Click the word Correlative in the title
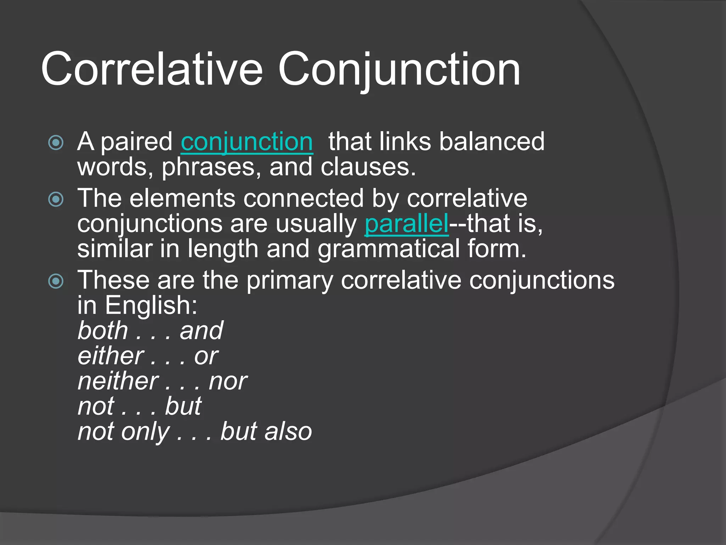click(x=152, y=69)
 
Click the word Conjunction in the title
click(x=399, y=69)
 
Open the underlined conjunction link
click(x=247, y=142)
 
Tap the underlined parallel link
click(x=407, y=224)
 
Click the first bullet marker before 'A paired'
click(x=56, y=143)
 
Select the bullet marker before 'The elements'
click(x=56, y=199)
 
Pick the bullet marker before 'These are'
click(x=56, y=281)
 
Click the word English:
click(x=151, y=305)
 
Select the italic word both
click(x=103, y=331)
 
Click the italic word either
click(x=111, y=356)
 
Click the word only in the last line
click(x=145, y=432)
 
